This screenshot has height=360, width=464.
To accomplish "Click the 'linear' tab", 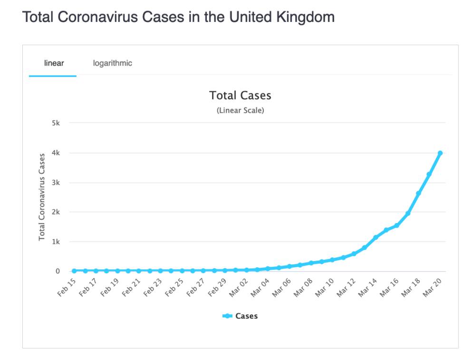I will pos(54,63).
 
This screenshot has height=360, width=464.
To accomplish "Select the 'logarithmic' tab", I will pos(113,63).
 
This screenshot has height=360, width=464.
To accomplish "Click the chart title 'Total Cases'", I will pos(240,96).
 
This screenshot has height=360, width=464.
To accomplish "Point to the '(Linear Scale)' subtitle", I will pos(240,110).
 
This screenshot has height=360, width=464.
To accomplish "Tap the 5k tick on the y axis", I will pos(56,123).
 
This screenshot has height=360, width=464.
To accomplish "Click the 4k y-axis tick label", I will pos(56,153).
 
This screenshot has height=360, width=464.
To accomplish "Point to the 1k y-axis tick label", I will pos(56,242).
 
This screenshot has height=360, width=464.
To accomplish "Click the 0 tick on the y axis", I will pos(58,271).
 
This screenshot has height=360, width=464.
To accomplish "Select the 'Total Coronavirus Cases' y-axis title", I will pos(42,196).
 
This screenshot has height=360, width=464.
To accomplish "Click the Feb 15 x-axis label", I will pos(67,288).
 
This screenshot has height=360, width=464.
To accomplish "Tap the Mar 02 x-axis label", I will pos(240,288).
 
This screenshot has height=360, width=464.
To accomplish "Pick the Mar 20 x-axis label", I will pos(434,288).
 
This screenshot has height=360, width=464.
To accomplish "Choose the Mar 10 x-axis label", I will pos(326,288).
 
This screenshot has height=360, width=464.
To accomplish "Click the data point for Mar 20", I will pos(440,153).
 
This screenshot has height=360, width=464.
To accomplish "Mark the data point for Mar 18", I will pos(418,193).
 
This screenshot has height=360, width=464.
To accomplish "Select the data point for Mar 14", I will pos(376,237).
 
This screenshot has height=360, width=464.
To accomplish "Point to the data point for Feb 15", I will pos(74,271).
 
